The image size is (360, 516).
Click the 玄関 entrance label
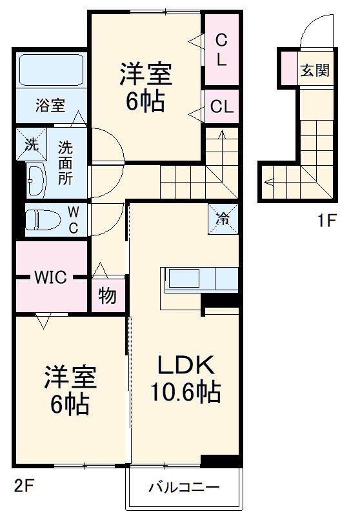click(x=314, y=70)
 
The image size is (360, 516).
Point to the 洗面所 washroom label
click(x=65, y=163)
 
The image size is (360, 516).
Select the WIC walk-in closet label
click(x=50, y=278)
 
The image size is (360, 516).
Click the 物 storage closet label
click(x=108, y=296)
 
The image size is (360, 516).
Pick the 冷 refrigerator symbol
click(x=223, y=219)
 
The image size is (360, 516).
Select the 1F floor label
click(x=327, y=221)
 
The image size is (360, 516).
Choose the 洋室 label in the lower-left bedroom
click(x=70, y=379)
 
